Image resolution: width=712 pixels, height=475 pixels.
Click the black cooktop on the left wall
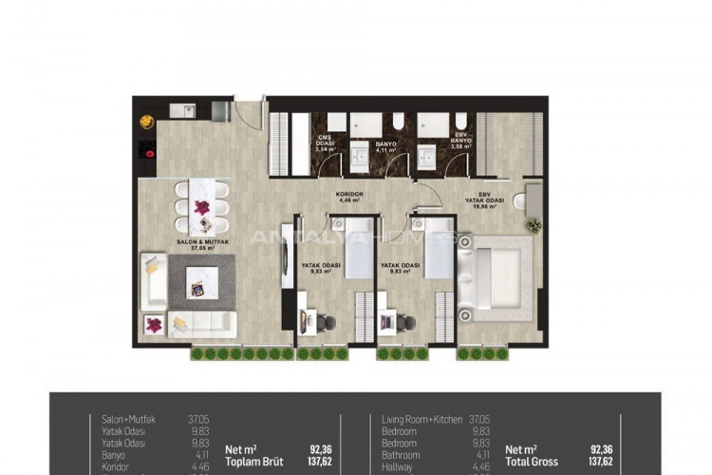147,150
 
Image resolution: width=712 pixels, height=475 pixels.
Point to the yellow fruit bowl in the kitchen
147,121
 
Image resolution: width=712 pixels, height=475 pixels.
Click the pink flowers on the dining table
201,206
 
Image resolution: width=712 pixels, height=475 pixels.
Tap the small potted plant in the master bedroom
534,225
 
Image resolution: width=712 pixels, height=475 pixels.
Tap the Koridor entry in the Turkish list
116,467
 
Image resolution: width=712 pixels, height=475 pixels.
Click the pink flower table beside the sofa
153,324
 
